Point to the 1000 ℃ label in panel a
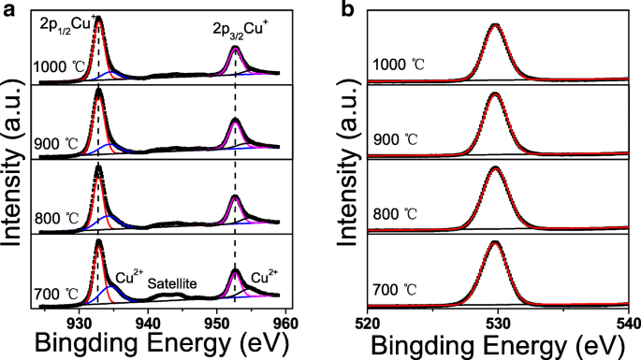coord(57,65)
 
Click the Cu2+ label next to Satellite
coord(128,277)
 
